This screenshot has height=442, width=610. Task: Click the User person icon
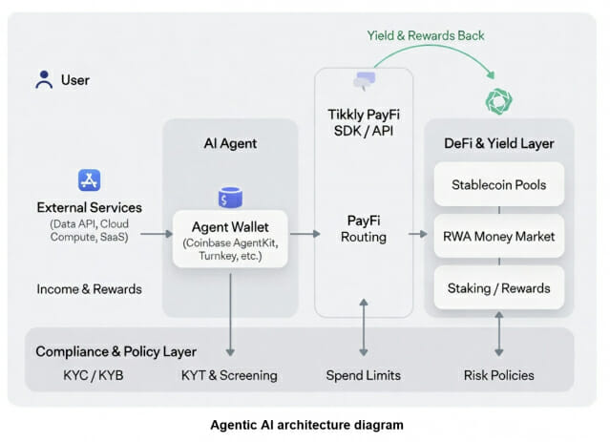[44, 79]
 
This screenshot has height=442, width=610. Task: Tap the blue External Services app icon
[89, 179]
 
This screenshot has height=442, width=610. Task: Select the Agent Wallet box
[230, 238]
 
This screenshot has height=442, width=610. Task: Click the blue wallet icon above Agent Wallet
[229, 198]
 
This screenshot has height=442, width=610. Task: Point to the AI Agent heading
[230, 144]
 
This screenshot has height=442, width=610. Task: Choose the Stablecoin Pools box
[498, 184]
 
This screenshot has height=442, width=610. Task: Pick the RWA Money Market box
[498, 236]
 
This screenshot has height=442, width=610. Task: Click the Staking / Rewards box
[498, 287]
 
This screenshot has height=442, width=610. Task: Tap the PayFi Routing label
[364, 228]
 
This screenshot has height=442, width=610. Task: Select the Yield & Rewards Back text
[426, 35]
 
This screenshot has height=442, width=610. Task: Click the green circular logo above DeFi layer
[499, 102]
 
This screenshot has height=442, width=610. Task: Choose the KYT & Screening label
[229, 375]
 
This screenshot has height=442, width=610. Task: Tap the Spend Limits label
[364, 375]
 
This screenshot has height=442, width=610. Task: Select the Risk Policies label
[499, 375]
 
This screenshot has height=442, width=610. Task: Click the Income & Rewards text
[89, 288]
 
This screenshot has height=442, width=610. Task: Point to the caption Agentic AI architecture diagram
[305, 424]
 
